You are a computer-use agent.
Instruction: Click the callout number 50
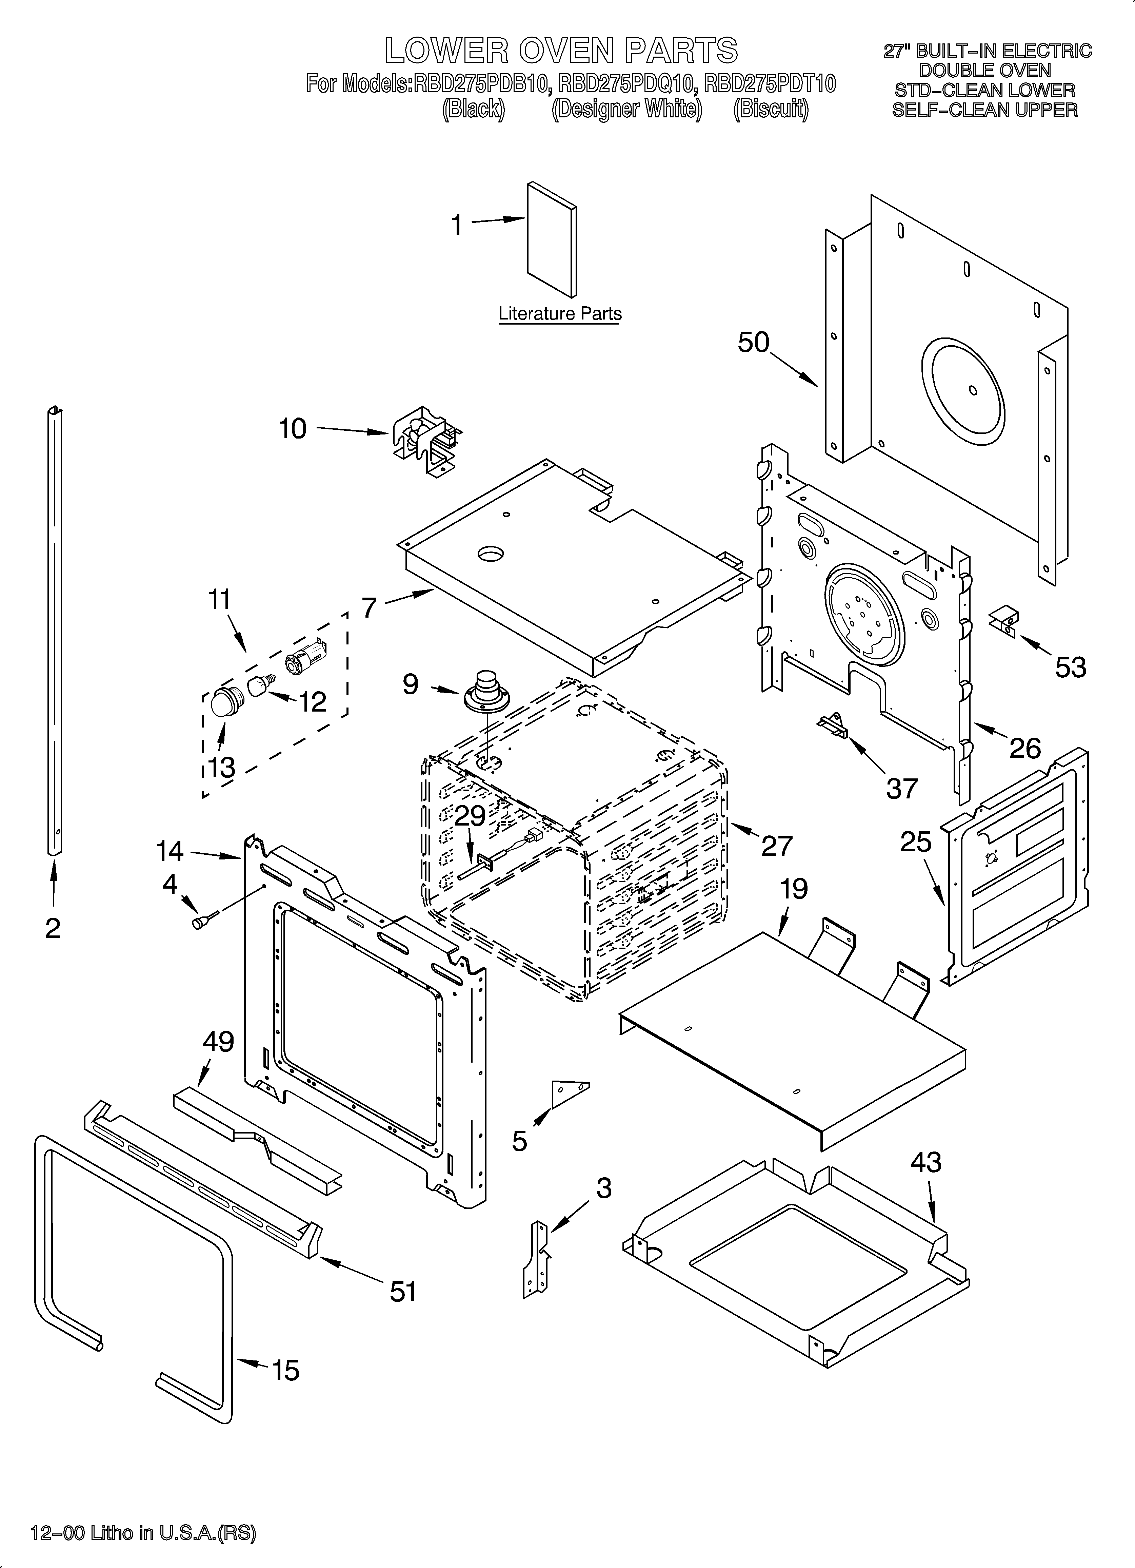[753, 342]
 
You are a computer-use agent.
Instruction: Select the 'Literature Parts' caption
[560, 314]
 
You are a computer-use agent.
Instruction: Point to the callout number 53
[1070, 667]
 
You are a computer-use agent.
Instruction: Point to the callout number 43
[925, 1163]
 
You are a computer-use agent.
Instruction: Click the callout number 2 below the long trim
[53, 929]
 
